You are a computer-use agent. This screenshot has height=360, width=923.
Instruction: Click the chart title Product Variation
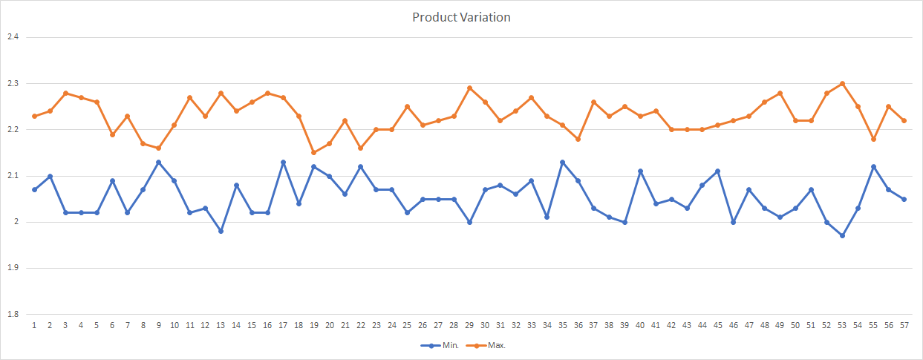(461, 17)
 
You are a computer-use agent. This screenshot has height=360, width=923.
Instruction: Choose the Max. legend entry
(496, 346)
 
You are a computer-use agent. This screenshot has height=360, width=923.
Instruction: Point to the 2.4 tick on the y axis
(12, 37)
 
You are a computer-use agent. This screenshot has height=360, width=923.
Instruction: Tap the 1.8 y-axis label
(12, 314)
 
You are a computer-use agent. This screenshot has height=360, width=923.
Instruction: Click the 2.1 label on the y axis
(12, 176)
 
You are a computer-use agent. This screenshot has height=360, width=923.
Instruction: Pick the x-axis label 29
(469, 325)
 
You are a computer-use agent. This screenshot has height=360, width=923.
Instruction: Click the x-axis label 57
(904, 325)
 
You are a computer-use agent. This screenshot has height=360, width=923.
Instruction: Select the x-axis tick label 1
(34, 325)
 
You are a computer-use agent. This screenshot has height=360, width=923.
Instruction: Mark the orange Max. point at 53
(842, 83)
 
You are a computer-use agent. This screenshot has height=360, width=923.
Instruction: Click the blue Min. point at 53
(842, 235)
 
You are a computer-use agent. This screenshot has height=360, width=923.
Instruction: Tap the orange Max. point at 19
(314, 152)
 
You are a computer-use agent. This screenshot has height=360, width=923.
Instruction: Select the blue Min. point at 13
(221, 231)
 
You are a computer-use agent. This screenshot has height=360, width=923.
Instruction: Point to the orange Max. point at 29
(469, 88)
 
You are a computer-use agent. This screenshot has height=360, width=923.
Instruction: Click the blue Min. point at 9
(158, 162)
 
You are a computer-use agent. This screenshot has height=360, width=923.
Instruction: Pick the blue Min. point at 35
(562, 162)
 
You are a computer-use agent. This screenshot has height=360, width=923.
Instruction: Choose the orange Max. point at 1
(34, 116)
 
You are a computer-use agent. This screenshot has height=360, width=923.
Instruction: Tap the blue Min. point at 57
(904, 199)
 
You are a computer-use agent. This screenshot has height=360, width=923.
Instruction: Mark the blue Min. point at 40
(640, 171)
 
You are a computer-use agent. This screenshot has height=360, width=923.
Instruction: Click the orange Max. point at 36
(578, 139)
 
